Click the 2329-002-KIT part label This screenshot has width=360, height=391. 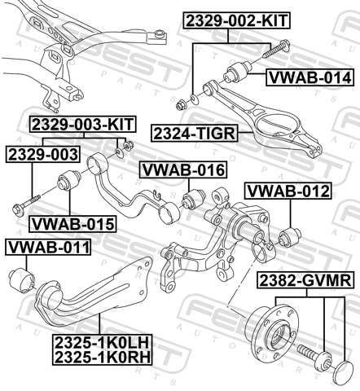(237, 20)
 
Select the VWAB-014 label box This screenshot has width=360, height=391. (310, 77)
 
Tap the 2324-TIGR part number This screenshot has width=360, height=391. (195, 133)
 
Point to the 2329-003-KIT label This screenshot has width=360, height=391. (83, 125)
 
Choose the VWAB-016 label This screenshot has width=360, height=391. (183, 169)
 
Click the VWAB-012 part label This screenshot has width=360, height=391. (288, 191)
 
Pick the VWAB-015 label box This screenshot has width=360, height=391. (72, 224)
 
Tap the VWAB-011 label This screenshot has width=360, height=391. (48, 247)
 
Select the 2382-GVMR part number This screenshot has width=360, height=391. (305, 280)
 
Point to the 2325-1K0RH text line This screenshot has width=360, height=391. (102, 357)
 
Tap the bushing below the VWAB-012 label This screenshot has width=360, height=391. (290, 237)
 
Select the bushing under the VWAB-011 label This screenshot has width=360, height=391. (22, 279)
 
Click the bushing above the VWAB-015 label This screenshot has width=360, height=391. (69, 180)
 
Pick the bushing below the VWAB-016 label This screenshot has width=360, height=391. (194, 200)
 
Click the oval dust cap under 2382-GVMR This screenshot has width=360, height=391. (345, 370)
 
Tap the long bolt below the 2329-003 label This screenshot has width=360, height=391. (26, 205)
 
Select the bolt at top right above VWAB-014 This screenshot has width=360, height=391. (277, 48)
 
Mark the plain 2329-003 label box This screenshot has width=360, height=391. (43, 154)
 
